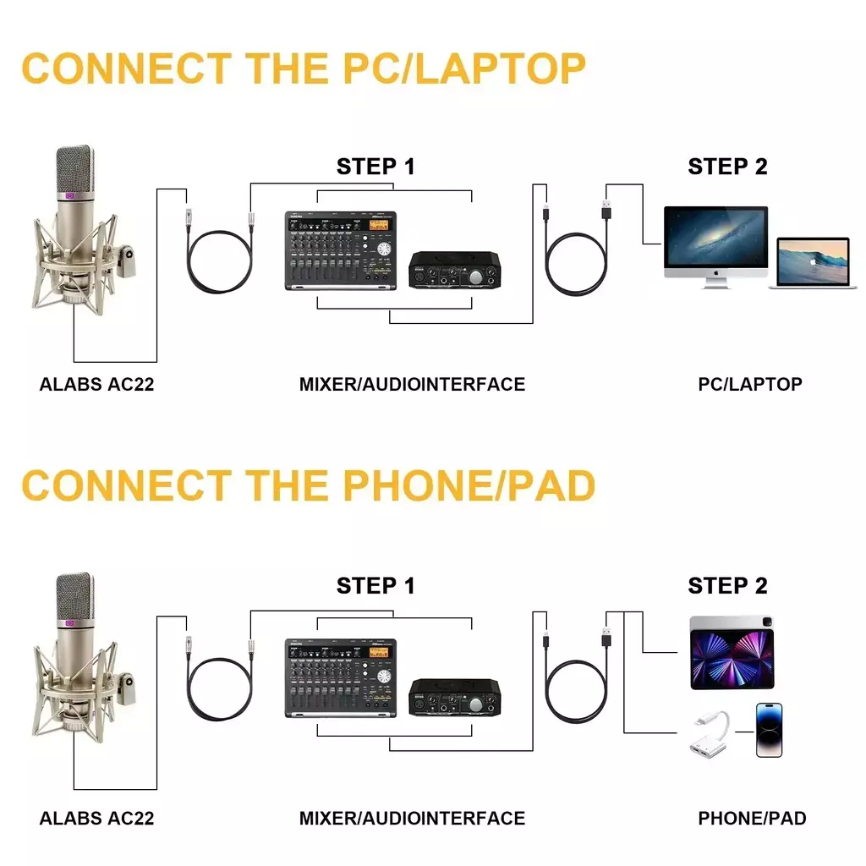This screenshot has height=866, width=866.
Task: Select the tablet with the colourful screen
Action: (732, 651)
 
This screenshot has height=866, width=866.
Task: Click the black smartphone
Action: (769, 730)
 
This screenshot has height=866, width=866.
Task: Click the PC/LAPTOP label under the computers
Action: (749, 384)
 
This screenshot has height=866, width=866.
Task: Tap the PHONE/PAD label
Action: (752, 818)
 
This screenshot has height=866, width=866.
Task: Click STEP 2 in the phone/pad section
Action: (727, 585)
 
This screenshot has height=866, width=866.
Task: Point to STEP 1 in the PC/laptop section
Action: (375, 167)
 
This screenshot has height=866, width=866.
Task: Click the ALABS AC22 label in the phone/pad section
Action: (96, 818)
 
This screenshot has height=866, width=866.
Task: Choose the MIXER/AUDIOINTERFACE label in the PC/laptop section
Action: (412, 384)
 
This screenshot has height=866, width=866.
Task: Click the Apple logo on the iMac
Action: (715, 274)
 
